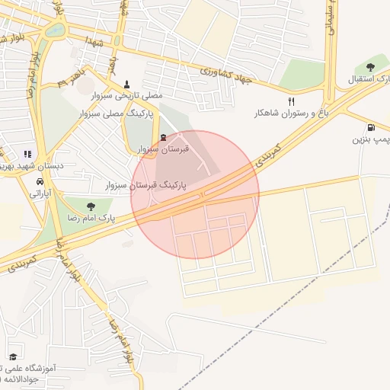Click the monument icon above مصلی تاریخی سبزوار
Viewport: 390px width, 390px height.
[x=127, y=85]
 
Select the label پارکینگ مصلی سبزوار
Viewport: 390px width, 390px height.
[x=116, y=113]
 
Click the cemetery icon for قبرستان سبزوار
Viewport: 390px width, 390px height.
[x=164, y=137]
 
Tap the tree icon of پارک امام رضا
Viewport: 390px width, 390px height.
[x=91, y=206]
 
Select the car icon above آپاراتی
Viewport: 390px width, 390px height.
[x=39, y=182]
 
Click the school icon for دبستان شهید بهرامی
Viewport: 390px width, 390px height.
[x=28, y=154]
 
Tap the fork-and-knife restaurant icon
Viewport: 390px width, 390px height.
[x=290, y=101]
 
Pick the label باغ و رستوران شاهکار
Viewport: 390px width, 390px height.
[x=292, y=113]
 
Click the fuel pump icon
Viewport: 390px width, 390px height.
[x=370, y=127]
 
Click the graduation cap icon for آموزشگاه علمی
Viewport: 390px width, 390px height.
[x=12, y=356]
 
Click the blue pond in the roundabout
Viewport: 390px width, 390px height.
[x=55, y=31]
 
